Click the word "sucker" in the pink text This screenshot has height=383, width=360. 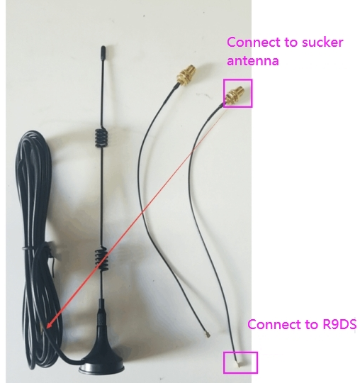coord(322,43)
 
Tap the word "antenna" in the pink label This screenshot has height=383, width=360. coord(252,60)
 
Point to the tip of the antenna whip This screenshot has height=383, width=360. coord(103,47)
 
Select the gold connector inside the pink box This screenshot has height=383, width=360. coord(235,95)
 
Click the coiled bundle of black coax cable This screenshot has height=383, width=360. coord(37,244)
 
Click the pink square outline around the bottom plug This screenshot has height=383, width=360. coord(223,362)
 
